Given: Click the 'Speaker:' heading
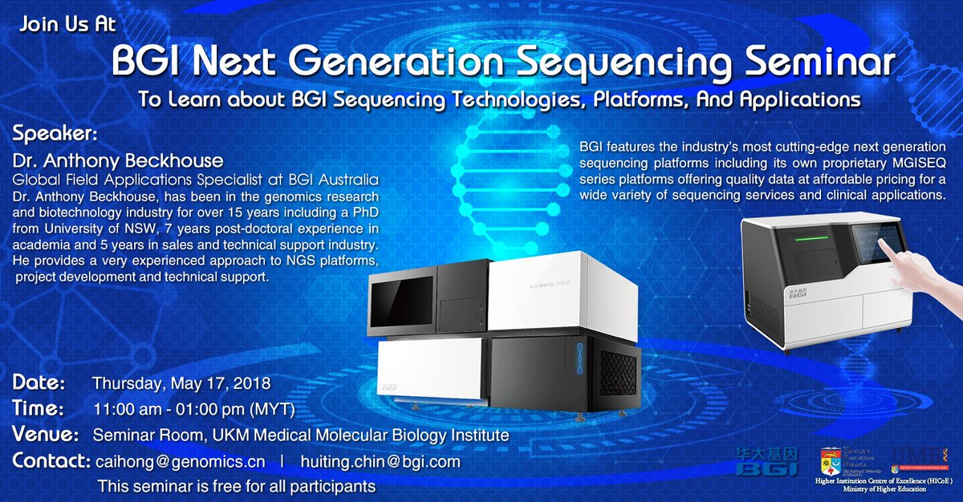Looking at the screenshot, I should [55, 132].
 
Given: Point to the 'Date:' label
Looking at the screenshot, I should [45, 383].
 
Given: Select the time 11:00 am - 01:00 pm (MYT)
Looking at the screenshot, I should [194, 410].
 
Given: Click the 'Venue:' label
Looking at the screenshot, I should [46, 435].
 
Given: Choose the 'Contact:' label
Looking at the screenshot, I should [51, 462].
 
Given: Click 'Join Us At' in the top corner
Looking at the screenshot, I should [68, 23].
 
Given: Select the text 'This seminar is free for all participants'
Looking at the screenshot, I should [236, 486].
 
